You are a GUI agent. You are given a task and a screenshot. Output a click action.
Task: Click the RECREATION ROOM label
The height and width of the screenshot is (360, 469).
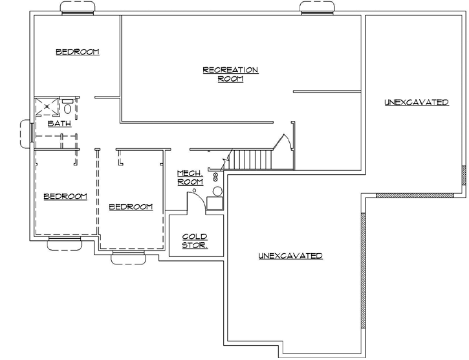coord(230,74)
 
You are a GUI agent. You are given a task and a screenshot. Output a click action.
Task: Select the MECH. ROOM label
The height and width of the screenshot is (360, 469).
coord(191,177)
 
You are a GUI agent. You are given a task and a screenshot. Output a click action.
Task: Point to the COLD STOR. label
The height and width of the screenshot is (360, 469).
coord(194,240)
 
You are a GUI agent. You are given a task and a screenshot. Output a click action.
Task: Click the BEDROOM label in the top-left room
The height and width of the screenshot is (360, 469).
coord(77,52)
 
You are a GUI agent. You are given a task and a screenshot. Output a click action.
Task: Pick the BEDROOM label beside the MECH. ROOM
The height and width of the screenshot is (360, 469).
coord(131,207)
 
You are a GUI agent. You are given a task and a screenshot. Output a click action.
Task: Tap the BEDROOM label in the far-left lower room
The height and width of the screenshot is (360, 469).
coord(65,196)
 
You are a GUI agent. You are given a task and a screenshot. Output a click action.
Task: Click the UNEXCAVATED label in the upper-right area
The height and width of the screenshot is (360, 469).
coord(415,102)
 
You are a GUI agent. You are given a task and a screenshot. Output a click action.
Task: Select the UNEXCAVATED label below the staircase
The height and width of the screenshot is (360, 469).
coord(290,256)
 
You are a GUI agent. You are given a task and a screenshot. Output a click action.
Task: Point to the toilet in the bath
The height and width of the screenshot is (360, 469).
coord(69,107)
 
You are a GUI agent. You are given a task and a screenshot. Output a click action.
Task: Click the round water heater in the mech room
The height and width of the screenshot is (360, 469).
coord(217,191)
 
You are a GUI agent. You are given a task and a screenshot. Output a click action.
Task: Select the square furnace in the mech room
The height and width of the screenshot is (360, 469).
coord(214,203)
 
